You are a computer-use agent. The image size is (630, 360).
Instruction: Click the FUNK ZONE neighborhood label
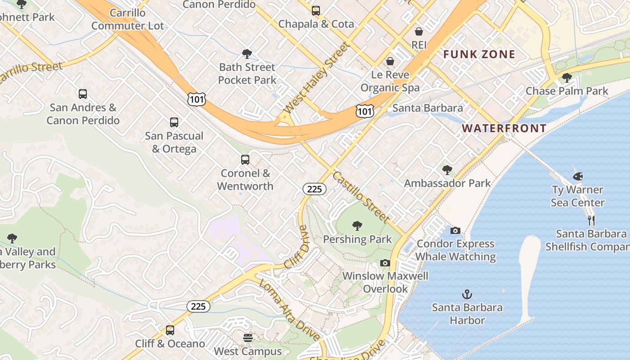tap(479, 54)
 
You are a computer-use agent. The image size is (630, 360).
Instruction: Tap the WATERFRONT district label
tap(504, 128)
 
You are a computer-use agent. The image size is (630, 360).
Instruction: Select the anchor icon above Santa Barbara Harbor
tap(467, 295)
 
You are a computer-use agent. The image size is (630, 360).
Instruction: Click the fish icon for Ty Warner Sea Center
tap(578, 176)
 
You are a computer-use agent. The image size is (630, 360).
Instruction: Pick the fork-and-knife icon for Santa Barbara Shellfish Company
tap(591, 220)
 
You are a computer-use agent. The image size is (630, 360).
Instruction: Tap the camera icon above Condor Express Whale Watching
tap(455, 230)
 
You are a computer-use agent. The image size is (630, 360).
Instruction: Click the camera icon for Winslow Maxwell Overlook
tap(385, 263)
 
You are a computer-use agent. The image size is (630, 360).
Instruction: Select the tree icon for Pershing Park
tap(357, 225)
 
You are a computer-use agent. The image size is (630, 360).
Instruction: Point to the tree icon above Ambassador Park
tap(447, 170)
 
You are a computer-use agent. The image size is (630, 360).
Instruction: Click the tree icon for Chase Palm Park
tap(567, 77)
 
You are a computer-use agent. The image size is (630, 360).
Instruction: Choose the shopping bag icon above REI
tap(419, 31)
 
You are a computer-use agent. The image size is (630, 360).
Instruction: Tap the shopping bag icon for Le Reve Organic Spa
tap(390, 61)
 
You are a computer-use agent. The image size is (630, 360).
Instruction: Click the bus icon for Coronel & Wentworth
tap(245, 160)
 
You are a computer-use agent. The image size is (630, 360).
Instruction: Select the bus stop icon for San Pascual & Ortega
tap(174, 122)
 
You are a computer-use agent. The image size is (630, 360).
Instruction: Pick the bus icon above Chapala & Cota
tap(316, 10)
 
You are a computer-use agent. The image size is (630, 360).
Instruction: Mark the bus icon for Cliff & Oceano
tap(170, 330)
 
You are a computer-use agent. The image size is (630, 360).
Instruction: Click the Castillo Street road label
tap(361, 197)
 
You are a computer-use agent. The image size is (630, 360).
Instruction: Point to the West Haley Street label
tap(316, 78)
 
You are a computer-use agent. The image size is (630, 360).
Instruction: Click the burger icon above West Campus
tap(248, 337)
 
